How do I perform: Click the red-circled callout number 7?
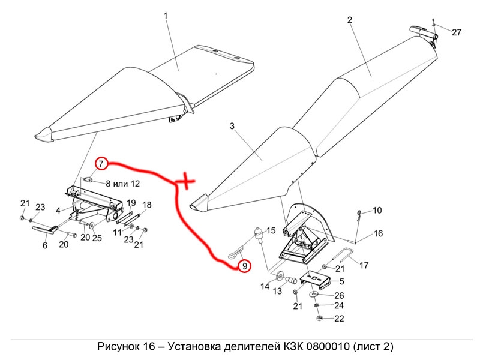[x=101, y=163]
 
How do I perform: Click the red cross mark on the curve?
[x=187, y=180]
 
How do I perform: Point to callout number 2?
[x=350, y=20]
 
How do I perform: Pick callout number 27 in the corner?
[x=457, y=32]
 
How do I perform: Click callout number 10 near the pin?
[x=377, y=211]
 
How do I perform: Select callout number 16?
[x=378, y=233]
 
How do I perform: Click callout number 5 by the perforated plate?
[x=341, y=281]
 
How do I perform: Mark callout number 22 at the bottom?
[x=339, y=319]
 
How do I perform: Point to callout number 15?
[x=271, y=230]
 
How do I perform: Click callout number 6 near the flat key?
[x=44, y=245]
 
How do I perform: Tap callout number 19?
[x=131, y=202]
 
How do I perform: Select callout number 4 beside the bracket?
[x=58, y=211]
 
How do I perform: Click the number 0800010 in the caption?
[x=328, y=347]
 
